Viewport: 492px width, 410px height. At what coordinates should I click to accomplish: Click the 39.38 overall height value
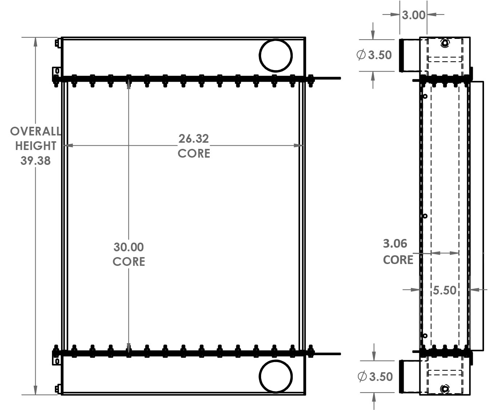35,161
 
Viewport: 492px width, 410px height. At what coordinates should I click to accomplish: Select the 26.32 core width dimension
193,139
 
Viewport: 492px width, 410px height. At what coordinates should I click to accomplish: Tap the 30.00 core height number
129,247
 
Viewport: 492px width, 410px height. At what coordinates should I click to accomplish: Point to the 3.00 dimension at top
413,15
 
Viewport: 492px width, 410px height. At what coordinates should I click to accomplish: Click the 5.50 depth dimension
444,290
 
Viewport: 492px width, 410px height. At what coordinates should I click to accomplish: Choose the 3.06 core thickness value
395,244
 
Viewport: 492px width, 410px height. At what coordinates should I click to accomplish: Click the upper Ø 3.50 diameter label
374,55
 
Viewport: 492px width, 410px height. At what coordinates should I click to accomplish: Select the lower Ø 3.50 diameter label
375,377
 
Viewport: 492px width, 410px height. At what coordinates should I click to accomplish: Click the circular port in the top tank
276,56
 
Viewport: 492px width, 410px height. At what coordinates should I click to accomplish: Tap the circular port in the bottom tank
276,377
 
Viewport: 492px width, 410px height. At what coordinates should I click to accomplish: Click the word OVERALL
35,131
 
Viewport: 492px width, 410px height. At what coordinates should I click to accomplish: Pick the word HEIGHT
35,146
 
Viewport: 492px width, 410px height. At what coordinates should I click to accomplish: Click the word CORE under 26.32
194,153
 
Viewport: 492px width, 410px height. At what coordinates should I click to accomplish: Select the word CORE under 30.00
129,261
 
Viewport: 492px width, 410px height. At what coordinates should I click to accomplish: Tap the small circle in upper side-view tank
445,43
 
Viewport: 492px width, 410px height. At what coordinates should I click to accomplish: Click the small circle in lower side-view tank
445,389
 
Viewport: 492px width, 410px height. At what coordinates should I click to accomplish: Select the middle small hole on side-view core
425,216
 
